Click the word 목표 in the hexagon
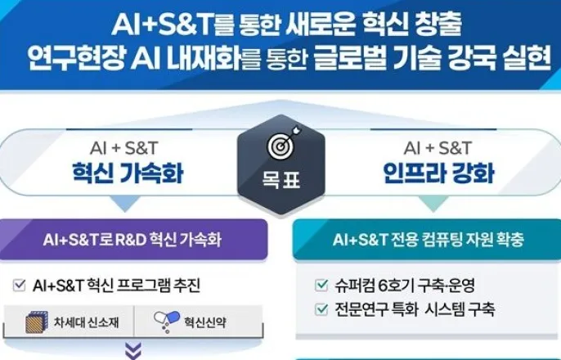click(x=281, y=179)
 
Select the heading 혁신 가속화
click(x=128, y=173)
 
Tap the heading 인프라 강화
click(x=438, y=173)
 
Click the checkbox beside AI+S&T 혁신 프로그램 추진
click(x=20, y=286)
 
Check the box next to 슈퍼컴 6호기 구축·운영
click(x=321, y=286)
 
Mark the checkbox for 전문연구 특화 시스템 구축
click(x=321, y=309)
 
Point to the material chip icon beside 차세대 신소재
click(x=37, y=322)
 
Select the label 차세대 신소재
click(x=86, y=322)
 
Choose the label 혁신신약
click(x=205, y=322)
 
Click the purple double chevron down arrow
click(x=133, y=351)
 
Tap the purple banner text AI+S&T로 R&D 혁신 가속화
click(x=132, y=240)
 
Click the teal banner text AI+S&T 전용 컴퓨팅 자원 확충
click(x=429, y=240)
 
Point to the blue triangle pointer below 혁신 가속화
click(x=125, y=203)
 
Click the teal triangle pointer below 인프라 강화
click(x=433, y=203)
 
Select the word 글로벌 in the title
click(x=350, y=58)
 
